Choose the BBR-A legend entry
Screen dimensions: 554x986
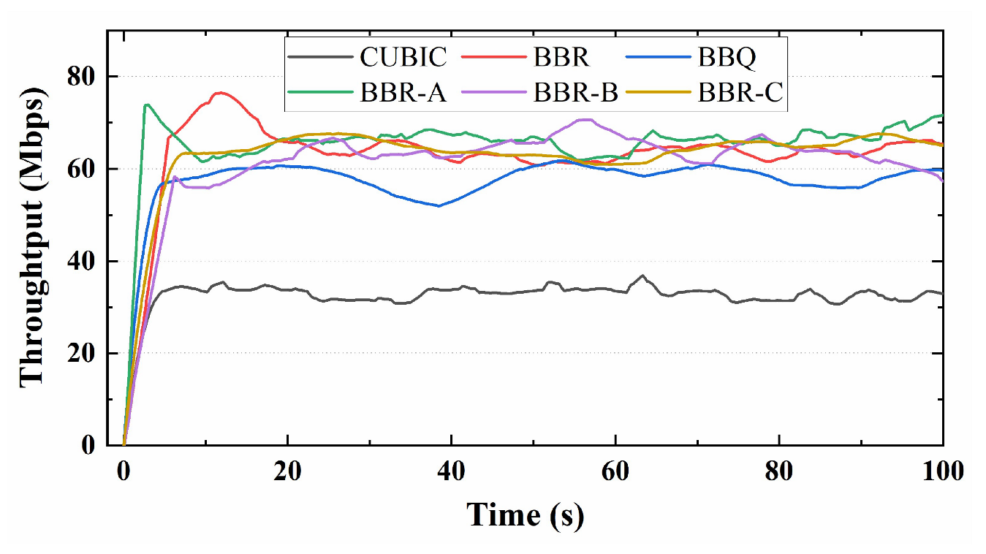tap(403, 93)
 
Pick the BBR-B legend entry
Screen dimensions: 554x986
tap(574, 93)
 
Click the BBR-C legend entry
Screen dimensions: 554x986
tap(740, 93)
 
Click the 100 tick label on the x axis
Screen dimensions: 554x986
tap(942, 471)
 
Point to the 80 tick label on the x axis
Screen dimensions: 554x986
tap(779, 471)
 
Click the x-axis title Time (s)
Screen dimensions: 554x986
tap(526, 515)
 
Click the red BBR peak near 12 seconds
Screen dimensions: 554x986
tap(220, 93)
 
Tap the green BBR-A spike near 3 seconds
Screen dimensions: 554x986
tap(148, 105)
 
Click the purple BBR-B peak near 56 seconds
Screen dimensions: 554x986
tap(583, 119)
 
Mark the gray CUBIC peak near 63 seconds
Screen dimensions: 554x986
tap(642, 276)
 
